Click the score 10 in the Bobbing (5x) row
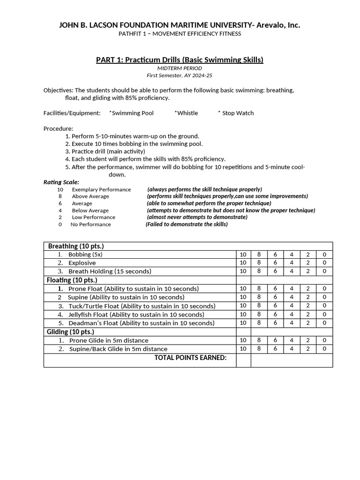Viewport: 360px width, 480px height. click(243, 255)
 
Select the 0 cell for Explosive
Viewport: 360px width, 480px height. click(324, 263)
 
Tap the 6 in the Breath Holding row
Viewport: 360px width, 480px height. click(275, 271)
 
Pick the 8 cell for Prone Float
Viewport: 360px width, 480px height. click(259, 289)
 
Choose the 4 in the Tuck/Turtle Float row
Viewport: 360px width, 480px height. click(292, 306)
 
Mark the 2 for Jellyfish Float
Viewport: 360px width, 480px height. click(308, 315)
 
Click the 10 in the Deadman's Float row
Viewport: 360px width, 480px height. click(243, 323)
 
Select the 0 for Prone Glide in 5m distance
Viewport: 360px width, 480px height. click(324, 340)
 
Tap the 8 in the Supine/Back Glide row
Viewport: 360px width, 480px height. click(259, 349)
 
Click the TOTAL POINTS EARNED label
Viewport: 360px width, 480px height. click(190, 358)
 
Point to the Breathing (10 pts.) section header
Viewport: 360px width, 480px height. click(76, 246)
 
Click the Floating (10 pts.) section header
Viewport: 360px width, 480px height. click(72, 280)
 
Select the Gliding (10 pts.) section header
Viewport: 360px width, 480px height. click(70, 332)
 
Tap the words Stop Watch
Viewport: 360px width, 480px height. click(238, 113)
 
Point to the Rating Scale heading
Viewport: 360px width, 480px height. click(61, 182)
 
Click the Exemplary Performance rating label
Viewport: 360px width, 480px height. click(101, 189)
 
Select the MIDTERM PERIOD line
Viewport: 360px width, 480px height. click(180, 68)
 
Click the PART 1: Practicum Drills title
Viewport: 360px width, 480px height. click(180, 60)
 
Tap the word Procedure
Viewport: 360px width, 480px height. click(58, 128)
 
